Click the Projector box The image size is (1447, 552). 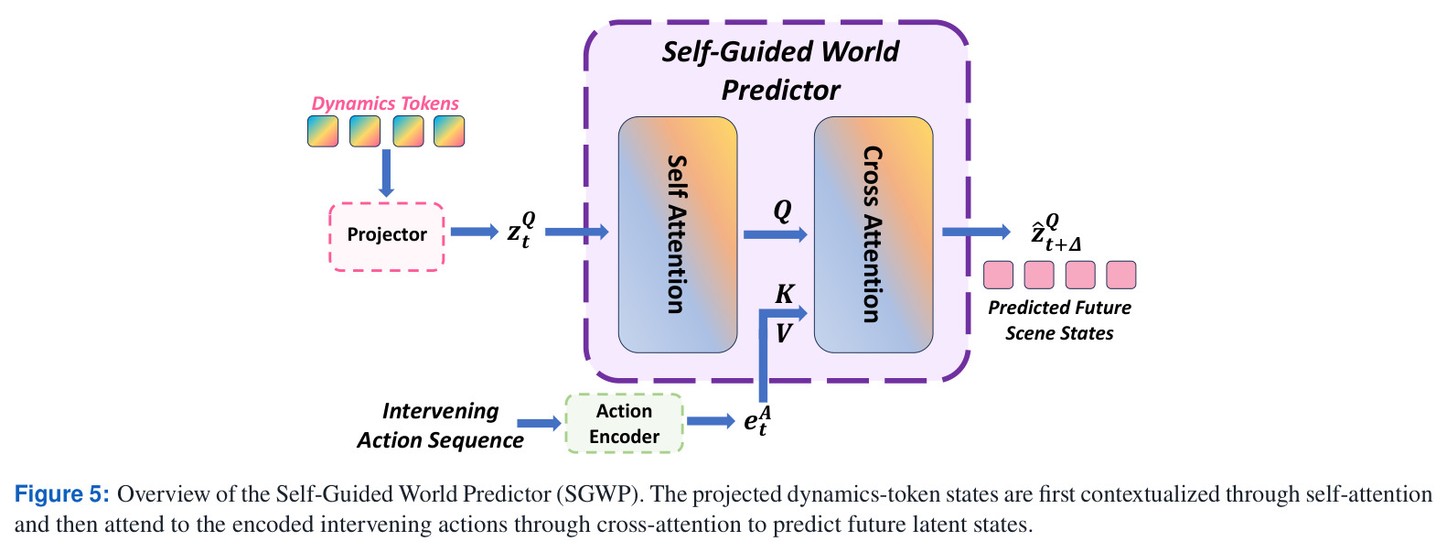coord(387,236)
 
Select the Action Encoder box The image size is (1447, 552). coord(624,423)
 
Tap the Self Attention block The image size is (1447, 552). coord(678,234)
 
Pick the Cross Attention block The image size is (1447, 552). coord(874,234)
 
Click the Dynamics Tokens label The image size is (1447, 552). coord(385,103)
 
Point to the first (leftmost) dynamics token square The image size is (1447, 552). coord(323,131)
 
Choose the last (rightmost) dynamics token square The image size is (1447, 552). coord(449,131)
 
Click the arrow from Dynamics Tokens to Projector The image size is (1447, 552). coord(386,173)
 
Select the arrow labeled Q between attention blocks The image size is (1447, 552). coord(776,234)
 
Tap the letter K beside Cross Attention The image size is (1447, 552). coord(784,294)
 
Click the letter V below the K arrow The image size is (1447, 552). coord(784,333)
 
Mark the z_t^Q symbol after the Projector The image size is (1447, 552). coord(521,230)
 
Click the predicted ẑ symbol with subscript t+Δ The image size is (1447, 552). coord(1056,233)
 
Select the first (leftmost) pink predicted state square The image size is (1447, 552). coord(999,275)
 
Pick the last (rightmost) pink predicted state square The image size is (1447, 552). coord(1120,275)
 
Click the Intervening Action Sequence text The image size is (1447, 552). coord(441,426)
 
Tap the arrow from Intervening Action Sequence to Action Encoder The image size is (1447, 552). coord(540,423)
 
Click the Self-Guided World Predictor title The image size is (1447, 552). coord(780,70)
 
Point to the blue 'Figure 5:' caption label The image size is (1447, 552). coord(62,494)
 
